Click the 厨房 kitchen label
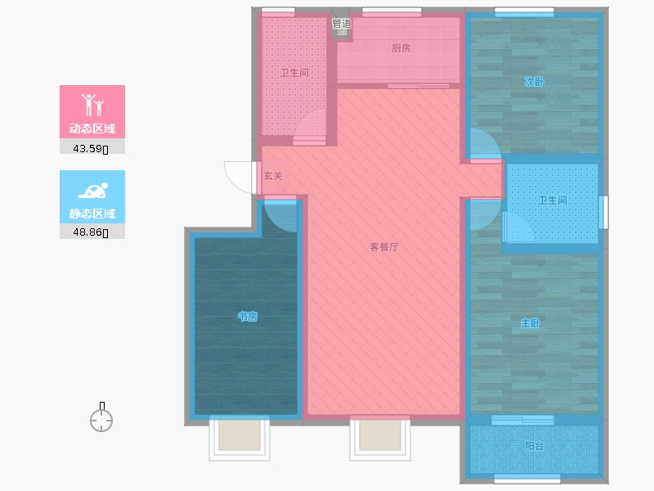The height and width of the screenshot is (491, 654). [401, 48]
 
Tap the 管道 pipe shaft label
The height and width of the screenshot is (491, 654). [341, 24]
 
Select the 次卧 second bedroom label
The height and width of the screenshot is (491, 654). [535, 82]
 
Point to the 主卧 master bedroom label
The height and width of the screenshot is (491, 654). [531, 322]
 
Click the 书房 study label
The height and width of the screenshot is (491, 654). [248, 317]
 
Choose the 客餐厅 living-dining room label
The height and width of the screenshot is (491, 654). [383, 247]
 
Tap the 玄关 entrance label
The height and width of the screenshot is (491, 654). [273, 176]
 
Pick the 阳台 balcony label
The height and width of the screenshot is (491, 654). [535, 446]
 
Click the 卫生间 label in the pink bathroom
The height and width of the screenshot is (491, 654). [294, 73]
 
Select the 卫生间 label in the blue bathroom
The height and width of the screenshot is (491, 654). [553, 200]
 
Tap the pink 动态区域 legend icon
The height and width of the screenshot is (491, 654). [92, 105]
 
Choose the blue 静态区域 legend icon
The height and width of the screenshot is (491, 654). [92, 191]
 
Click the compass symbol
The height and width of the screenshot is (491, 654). [101, 421]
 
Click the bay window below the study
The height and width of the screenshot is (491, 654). [240, 439]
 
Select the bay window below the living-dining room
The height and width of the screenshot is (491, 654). [380, 439]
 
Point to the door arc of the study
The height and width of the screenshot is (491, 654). [280, 214]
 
